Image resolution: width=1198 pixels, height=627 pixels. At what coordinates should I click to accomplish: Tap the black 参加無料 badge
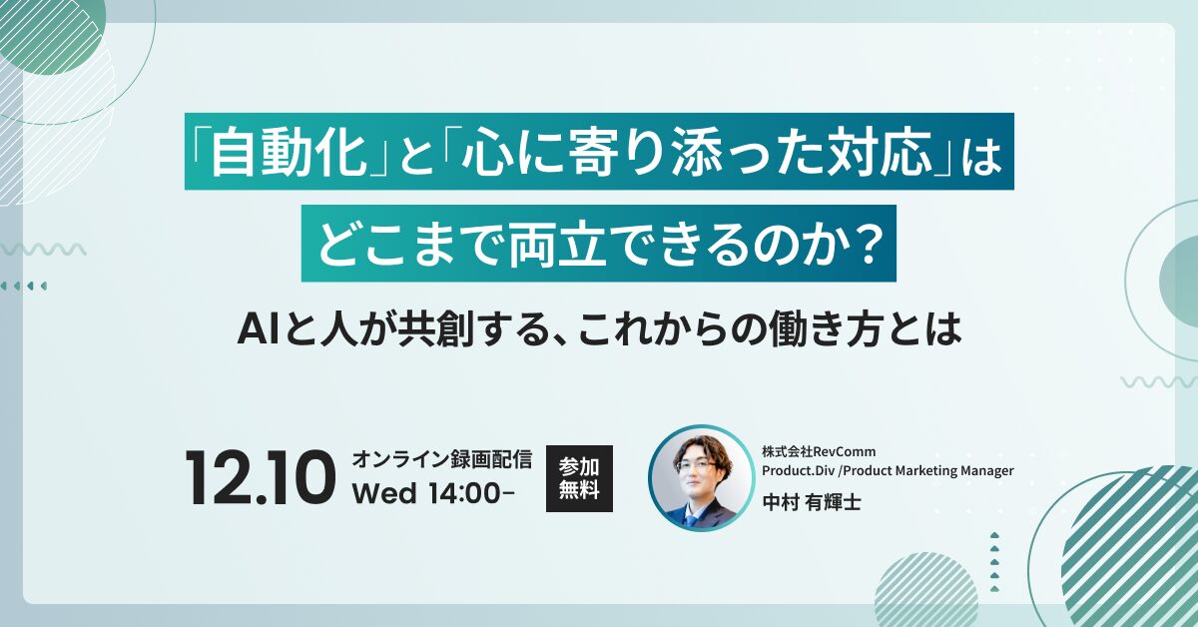579,478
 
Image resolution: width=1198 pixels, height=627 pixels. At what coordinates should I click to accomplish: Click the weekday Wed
384,495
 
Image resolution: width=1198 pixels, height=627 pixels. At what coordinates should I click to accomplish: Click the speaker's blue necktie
692,518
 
